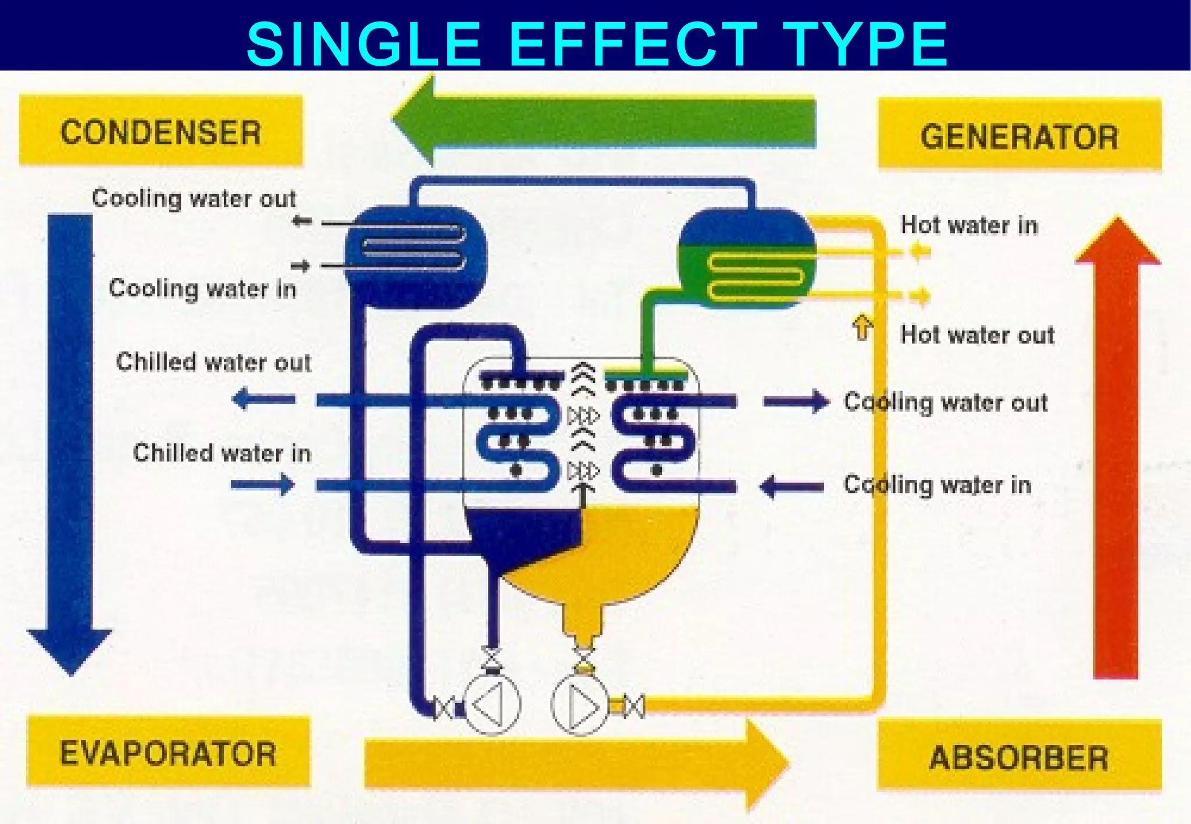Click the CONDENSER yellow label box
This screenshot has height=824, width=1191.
pos(161,131)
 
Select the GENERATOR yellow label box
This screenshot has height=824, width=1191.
pos(1019,135)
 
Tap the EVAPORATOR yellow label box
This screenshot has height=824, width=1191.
pos(168,752)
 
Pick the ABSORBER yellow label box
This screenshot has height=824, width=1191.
pos(1019,756)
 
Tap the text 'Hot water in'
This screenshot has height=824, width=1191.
pos(969,225)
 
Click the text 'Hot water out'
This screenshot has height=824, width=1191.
pos(977,335)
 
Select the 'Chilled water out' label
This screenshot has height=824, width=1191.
pos(213,362)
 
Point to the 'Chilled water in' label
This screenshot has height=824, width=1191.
pos(222,453)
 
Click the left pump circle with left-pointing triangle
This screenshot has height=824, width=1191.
pos(491,705)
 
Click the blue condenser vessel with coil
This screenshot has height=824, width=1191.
pos(415,256)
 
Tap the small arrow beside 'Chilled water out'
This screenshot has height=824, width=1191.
pos(263,399)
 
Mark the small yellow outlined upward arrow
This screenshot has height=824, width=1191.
pos(862,328)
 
